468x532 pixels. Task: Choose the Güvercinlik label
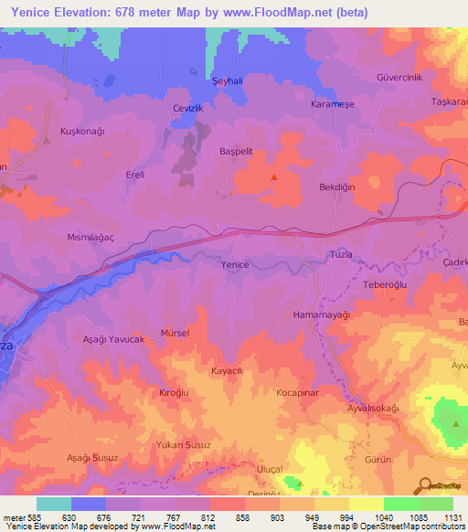[399, 77]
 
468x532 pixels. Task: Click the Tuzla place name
[340, 256]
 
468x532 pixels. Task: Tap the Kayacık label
[227, 372]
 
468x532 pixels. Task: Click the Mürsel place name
[175, 333]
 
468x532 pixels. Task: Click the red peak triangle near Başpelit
[272, 176]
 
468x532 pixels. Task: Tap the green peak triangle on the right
[455, 423]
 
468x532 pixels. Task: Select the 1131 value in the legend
[452, 517]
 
